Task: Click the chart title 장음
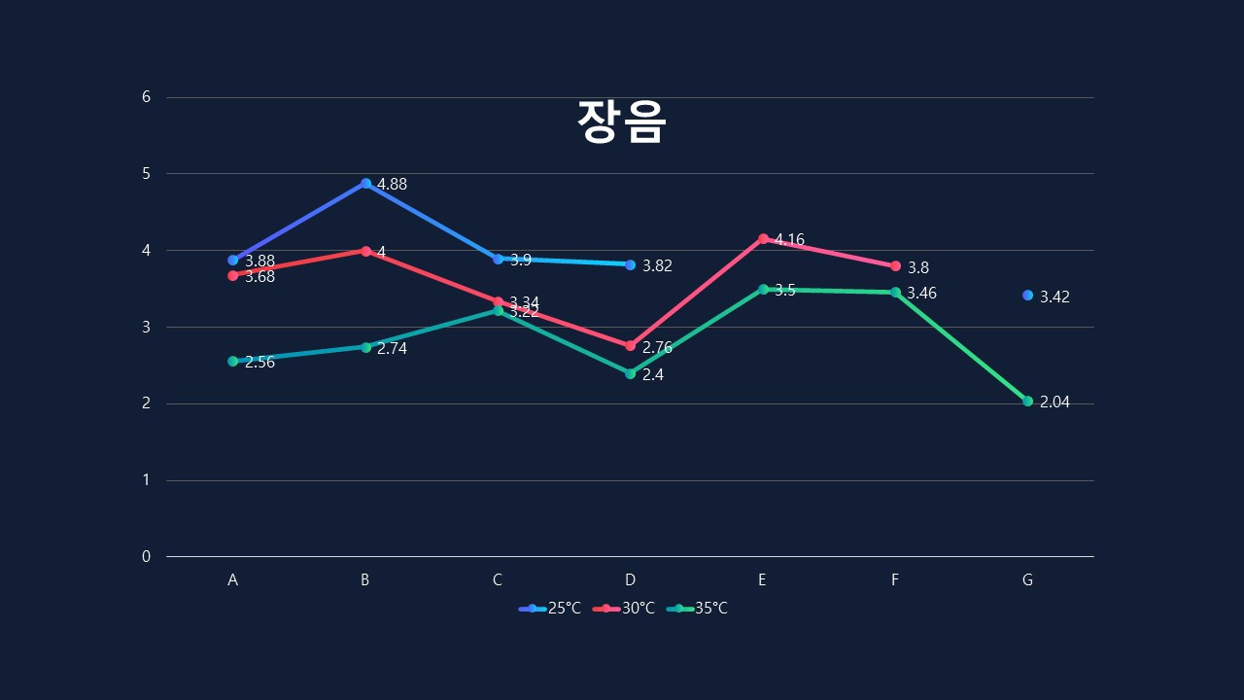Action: [x=621, y=122]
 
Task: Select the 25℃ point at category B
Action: [x=365, y=183]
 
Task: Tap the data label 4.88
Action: [x=392, y=185]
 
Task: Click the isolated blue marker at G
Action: [x=1027, y=295]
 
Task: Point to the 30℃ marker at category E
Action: [x=763, y=238]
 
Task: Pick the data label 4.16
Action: [x=789, y=240]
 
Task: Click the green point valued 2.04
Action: [x=1027, y=401]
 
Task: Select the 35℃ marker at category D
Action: [x=630, y=373]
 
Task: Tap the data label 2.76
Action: [x=657, y=348]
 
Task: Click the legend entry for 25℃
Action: [x=550, y=609]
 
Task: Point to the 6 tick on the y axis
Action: [x=147, y=97]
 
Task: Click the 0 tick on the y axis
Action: [x=147, y=557]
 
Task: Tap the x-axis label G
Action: [x=1027, y=580]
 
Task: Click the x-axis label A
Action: [x=232, y=580]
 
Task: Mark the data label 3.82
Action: [x=657, y=266]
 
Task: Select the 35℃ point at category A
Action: [x=232, y=361]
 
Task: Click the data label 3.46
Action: [x=921, y=294]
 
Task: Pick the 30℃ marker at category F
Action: [x=895, y=265]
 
